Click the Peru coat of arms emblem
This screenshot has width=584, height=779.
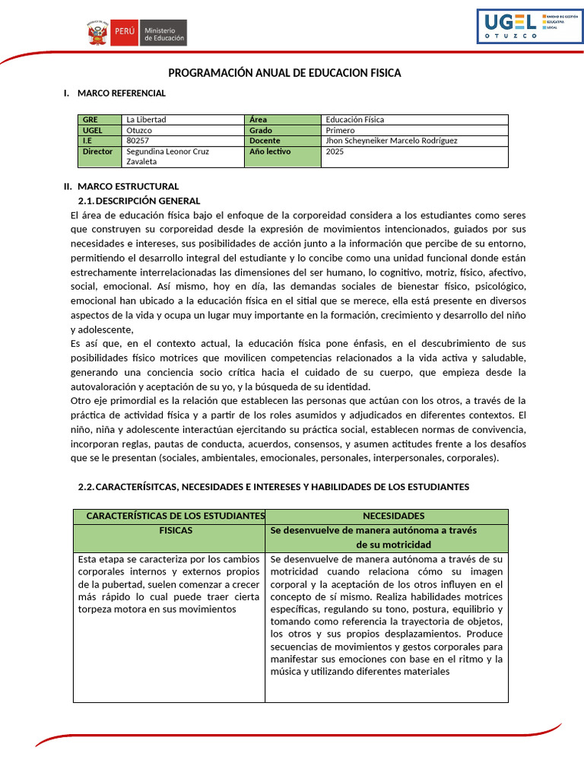(97, 33)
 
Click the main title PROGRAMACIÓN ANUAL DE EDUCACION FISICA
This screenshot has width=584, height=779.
(284, 73)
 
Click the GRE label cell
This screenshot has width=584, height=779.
(100, 119)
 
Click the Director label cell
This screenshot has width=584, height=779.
(100, 151)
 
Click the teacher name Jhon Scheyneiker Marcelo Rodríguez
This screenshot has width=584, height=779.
(391, 141)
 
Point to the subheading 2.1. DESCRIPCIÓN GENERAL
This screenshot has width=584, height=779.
(139, 201)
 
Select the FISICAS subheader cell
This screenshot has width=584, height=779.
(176, 530)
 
